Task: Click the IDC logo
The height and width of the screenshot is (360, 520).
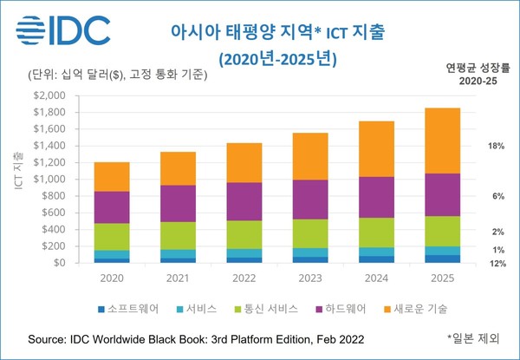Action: click(62, 30)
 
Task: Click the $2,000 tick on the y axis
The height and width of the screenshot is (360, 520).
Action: click(49, 95)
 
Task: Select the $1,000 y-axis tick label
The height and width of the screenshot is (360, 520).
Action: click(49, 179)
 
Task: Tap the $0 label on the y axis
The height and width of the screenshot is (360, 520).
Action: click(59, 263)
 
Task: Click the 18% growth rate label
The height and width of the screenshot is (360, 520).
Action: click(497, 147)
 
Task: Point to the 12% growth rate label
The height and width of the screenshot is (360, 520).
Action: click(497, 264)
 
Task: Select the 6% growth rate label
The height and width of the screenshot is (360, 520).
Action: click(498, 197)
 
